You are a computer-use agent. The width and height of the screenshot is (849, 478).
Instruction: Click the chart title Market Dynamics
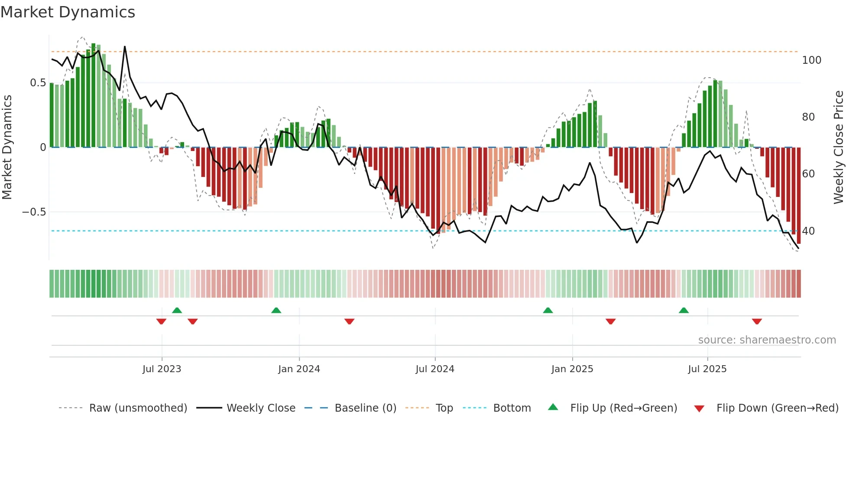click(68, 12)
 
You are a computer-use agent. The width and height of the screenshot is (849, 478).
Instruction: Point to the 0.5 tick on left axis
click(38, 83)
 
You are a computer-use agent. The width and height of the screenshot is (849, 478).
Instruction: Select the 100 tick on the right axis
click(811, 60)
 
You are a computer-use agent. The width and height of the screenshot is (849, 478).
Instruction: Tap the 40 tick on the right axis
click(808, 231)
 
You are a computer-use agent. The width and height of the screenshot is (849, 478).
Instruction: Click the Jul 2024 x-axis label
click(435, 369)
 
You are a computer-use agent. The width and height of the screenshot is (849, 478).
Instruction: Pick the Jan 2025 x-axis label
click(572, 369)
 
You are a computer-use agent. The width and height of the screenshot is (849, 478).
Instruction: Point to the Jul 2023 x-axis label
click(162, 369)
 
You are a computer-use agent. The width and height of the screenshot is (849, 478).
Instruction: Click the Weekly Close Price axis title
click(839, 147)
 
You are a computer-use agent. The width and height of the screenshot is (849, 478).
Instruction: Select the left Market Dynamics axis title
click(7, 147)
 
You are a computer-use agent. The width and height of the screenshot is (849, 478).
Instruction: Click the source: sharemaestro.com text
click(767, 340)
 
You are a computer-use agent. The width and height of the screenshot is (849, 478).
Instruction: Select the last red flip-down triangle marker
click(757, 321)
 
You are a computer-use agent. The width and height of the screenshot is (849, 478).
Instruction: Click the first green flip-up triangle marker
click(177, 310)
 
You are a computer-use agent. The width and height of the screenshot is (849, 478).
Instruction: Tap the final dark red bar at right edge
click(799, 195)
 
